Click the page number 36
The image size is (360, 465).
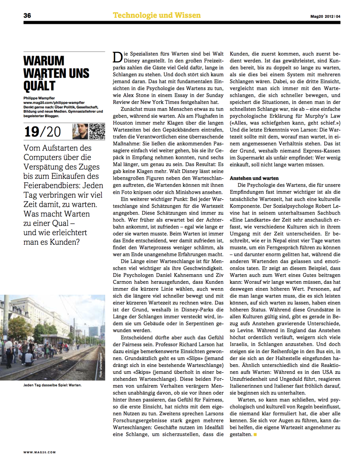27,16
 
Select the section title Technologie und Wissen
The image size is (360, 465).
157,15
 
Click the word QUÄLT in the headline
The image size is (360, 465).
39,85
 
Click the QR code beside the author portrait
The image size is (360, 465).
98,131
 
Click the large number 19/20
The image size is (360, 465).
43,131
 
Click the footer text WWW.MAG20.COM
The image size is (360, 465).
40,452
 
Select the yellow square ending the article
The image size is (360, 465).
255,435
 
